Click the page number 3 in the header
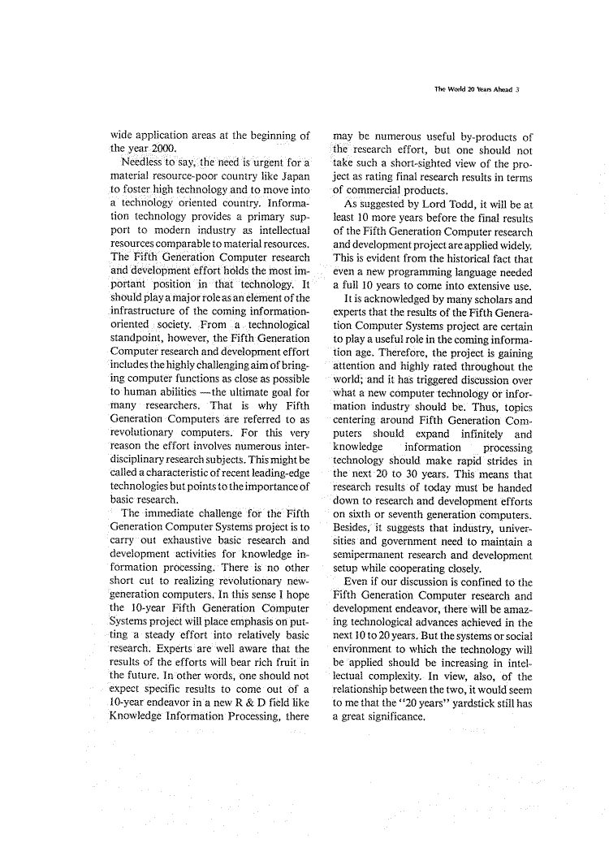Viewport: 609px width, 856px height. coord(529,91)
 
